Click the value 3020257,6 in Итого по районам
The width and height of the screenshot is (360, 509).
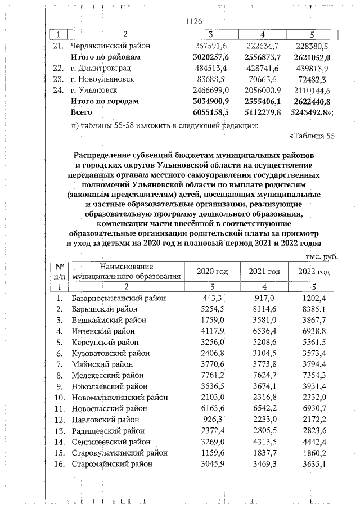pos(209,57)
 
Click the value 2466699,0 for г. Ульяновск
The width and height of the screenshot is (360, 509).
pos(209,90)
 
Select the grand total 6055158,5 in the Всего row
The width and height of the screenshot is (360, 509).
pos(209,112)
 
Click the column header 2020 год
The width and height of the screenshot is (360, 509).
pos(212,272)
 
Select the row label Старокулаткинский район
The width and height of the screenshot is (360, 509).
pos(116,452)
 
